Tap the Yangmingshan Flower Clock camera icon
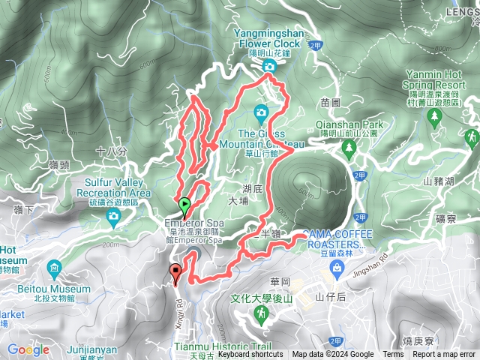coord(270,67)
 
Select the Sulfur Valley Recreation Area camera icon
coord(113,217)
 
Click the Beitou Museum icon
coord(54,268)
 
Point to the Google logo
coord(28,349)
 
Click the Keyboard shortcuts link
coord(250,355)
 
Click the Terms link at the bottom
coord(393,355)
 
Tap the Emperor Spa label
coord(195,223)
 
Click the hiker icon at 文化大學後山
coord(260,315)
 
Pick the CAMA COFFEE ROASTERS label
coord(337,238)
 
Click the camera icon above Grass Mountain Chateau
coord(261,113)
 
